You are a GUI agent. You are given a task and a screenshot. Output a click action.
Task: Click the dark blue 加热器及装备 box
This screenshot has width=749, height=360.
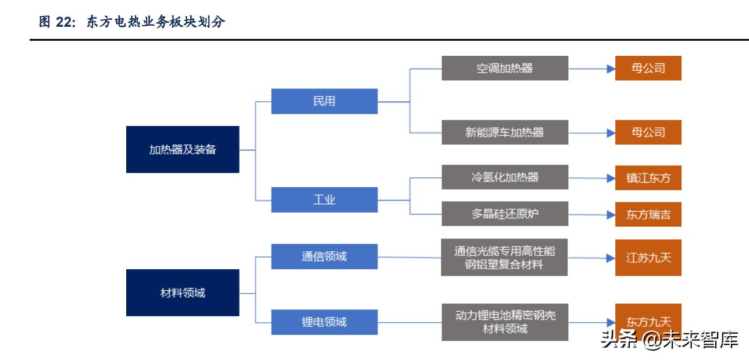click(x=183, y=149)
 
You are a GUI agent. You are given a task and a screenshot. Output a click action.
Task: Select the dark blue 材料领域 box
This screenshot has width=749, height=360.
click(x=183, y=293)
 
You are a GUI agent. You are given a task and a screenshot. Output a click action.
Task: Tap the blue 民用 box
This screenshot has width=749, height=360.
click(x=324, y=101)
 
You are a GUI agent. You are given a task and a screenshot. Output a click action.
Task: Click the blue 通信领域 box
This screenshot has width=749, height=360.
click(x=324, y=256)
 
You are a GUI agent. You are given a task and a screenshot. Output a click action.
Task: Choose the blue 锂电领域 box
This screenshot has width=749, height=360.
click(x=324, y=320)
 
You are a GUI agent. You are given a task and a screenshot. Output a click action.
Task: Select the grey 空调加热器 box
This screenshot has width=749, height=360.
click(x=504, y=68)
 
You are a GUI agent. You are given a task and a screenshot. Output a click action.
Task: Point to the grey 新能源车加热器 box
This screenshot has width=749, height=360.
click(x=504, y=132)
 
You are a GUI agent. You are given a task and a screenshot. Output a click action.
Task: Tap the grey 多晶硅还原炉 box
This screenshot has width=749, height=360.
click(x=504, y=213)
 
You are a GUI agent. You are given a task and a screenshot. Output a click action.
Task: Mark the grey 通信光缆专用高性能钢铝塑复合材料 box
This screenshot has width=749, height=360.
click(x=504, y=257)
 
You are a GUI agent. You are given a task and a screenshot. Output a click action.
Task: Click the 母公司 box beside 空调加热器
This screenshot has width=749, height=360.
click(x=648, y=68)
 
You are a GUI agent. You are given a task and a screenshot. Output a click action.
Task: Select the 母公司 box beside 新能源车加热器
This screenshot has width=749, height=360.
click(x=648, y=132)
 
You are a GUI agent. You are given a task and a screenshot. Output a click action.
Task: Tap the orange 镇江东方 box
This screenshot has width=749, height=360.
click(x=648, y=178)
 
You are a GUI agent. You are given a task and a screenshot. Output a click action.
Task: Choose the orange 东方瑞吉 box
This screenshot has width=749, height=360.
click(x=648, y=214)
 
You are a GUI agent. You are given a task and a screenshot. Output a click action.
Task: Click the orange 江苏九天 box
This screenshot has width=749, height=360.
click(x=648, y=256)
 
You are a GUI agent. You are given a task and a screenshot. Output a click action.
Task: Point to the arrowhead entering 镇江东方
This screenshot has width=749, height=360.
click(x=611, y=178)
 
